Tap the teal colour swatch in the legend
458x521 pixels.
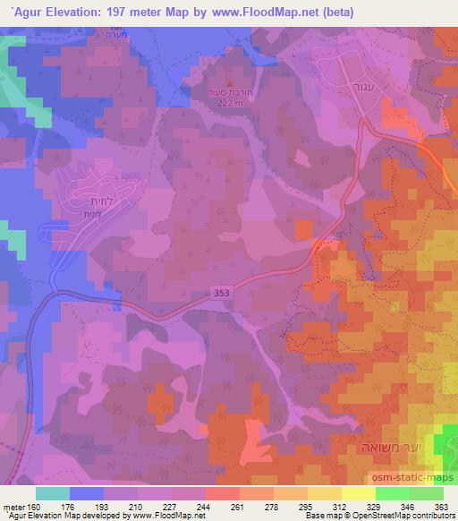pos(53,493)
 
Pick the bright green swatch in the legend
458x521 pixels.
pos(393,493)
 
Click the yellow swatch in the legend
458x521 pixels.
pos(359,493)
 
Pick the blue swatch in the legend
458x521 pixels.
pos(87,493)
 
